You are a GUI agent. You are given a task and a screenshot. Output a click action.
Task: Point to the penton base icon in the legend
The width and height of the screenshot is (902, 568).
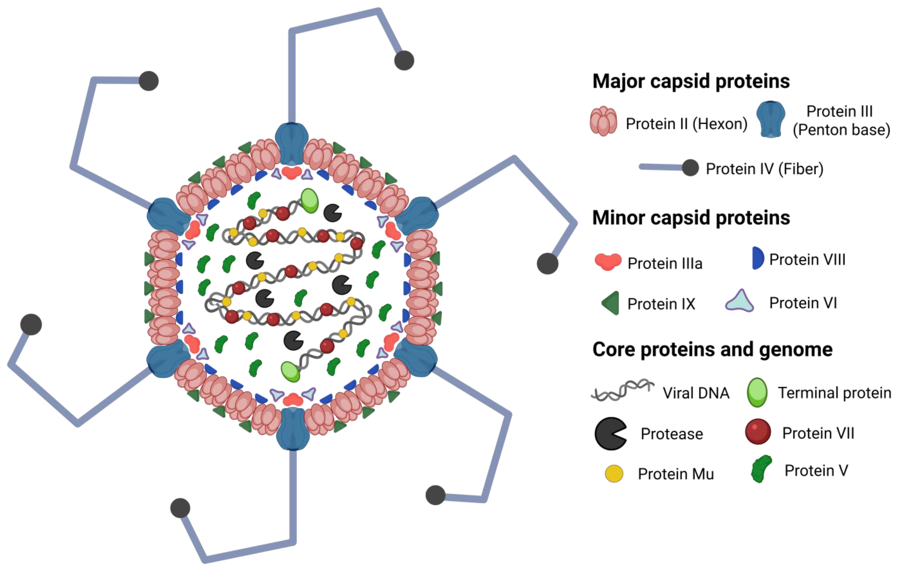771,119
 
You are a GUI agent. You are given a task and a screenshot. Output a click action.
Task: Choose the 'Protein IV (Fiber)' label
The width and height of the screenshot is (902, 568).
765,169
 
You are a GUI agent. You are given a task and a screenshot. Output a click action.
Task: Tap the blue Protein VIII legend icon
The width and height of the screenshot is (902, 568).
757,258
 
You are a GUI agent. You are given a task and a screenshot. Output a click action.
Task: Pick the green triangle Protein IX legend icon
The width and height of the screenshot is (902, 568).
611,303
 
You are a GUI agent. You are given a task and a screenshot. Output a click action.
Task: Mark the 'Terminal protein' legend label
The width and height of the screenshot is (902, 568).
835,393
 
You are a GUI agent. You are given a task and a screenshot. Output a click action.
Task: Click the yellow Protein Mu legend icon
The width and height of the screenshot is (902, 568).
614,474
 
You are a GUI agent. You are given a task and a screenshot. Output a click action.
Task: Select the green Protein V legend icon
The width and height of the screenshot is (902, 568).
761,469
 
